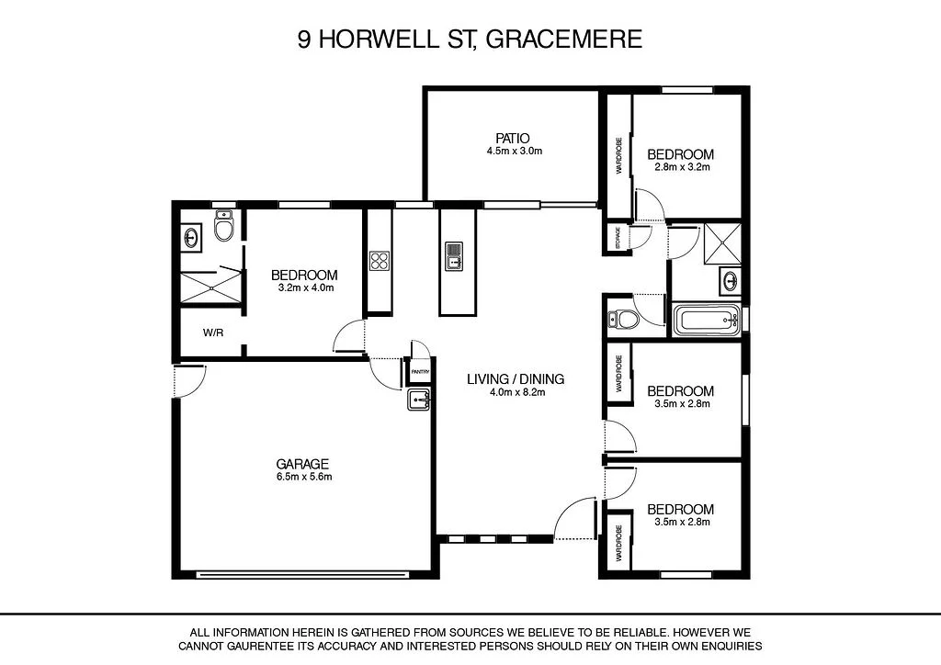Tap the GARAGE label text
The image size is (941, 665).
tap(302, 464)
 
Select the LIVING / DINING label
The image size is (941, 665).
tap(515, 378)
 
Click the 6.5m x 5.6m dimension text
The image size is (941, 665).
tap(302, 477)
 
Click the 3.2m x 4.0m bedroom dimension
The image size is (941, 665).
tap(304, 287)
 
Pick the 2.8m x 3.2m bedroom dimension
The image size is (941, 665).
tap(680, 167)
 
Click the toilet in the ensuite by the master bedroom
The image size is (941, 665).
tap(224, 226)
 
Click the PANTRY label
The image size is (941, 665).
tap(419, 373)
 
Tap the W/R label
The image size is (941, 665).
tap(212, 333)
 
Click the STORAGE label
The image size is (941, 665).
tap(617, 238)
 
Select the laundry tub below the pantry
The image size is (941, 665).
tap(419, 400)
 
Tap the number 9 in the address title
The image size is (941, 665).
tap(304, 39)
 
